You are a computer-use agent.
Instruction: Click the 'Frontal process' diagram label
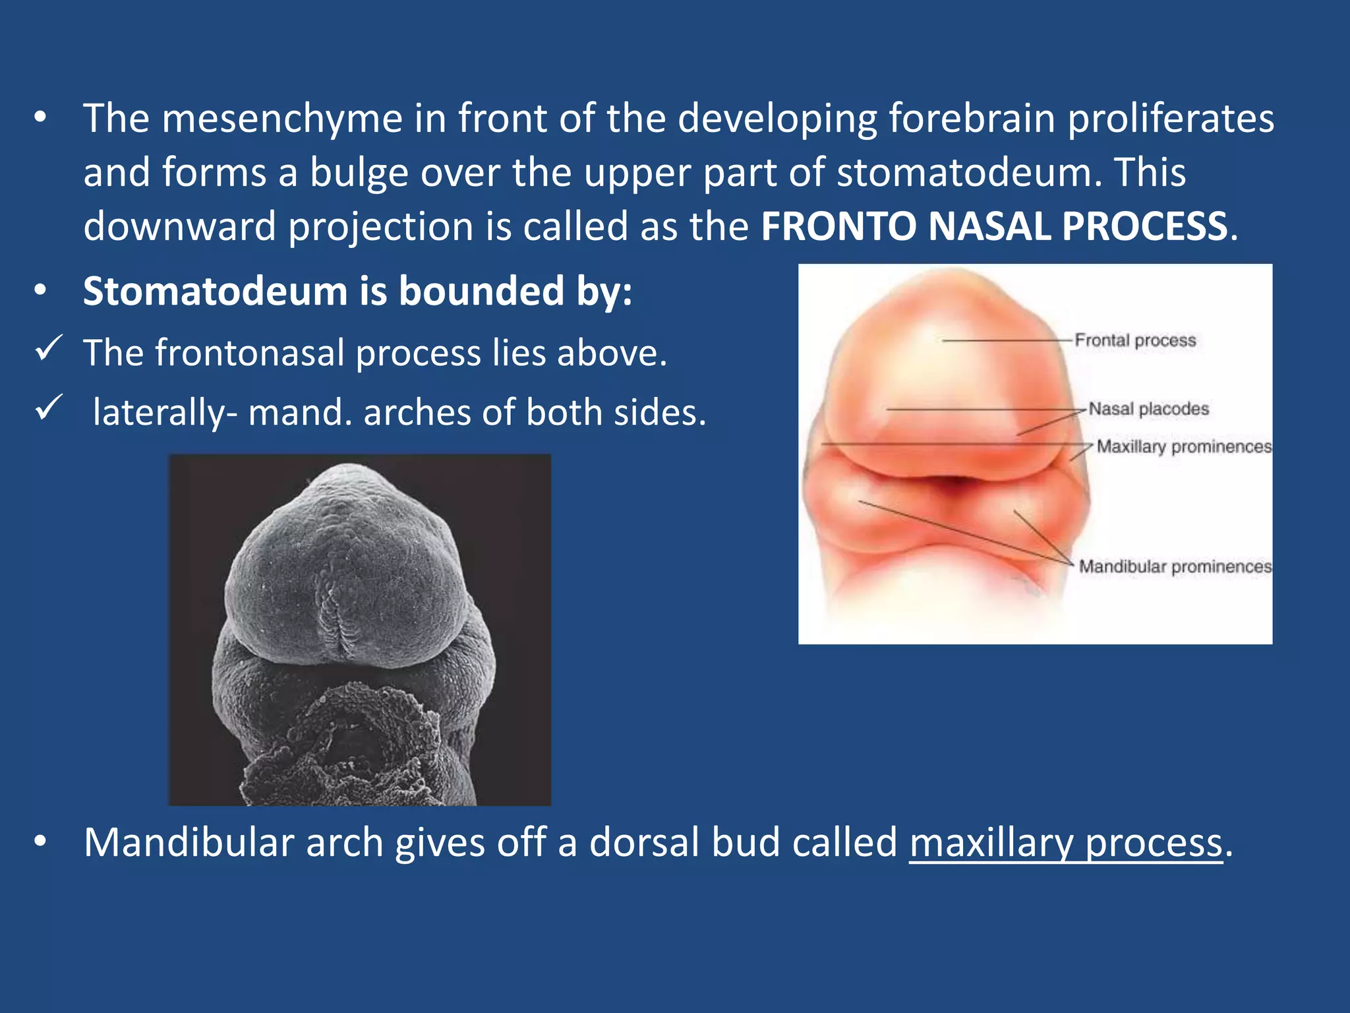coord(1134,340)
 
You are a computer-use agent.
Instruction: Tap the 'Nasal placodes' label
coord(1148,409)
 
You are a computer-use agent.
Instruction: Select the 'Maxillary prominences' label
coord(1184,446)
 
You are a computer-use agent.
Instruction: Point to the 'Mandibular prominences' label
coord(1175,567)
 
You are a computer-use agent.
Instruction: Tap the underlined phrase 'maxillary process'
coord(1065,843)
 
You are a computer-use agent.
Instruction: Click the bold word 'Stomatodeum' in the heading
coord(215,291)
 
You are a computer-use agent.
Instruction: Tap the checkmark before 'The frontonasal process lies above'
coord(49,348)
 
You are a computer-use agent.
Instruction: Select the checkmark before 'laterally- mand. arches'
coord(49,408)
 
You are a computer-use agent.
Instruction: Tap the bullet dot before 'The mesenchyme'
coord(41,118)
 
